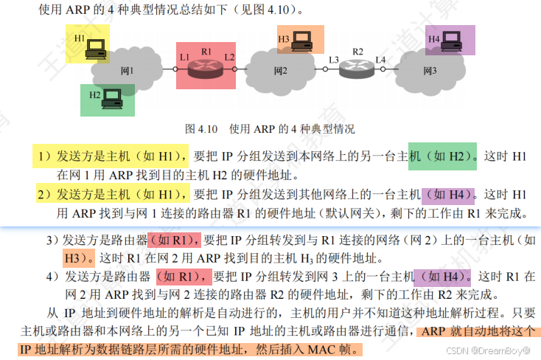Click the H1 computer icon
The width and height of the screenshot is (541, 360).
95,49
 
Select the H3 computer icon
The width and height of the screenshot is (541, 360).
301,43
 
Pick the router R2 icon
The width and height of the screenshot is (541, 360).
357,71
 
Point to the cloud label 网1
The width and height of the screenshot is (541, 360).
127,71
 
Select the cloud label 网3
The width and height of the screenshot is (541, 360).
430,71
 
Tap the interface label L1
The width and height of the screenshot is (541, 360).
184,57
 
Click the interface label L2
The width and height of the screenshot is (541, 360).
230,57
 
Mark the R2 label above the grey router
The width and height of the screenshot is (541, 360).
357,52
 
